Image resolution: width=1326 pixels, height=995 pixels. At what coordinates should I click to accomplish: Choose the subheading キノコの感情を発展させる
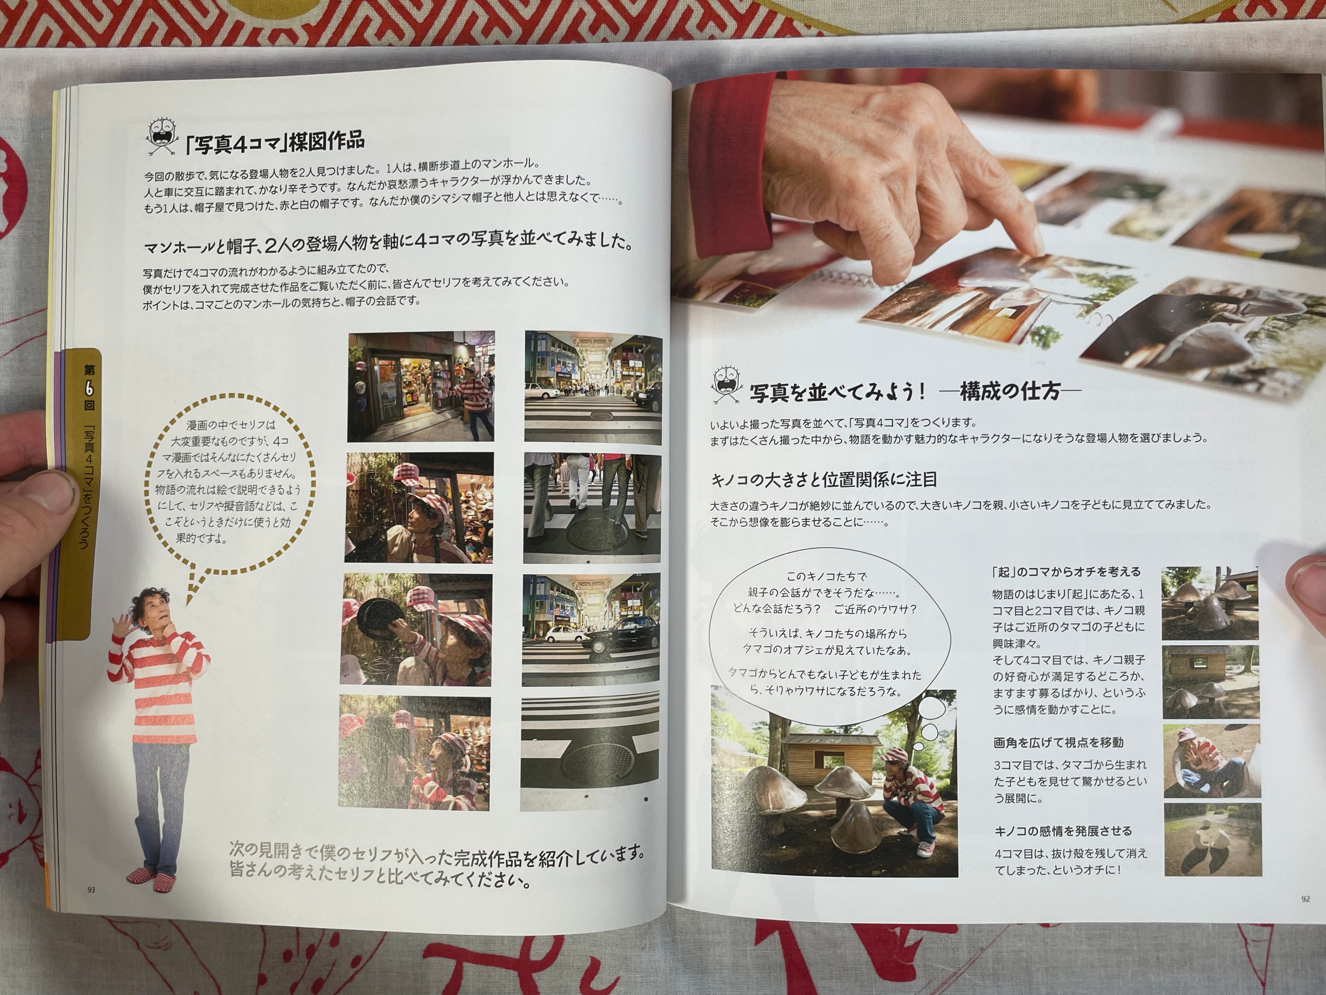pos(1063,831)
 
